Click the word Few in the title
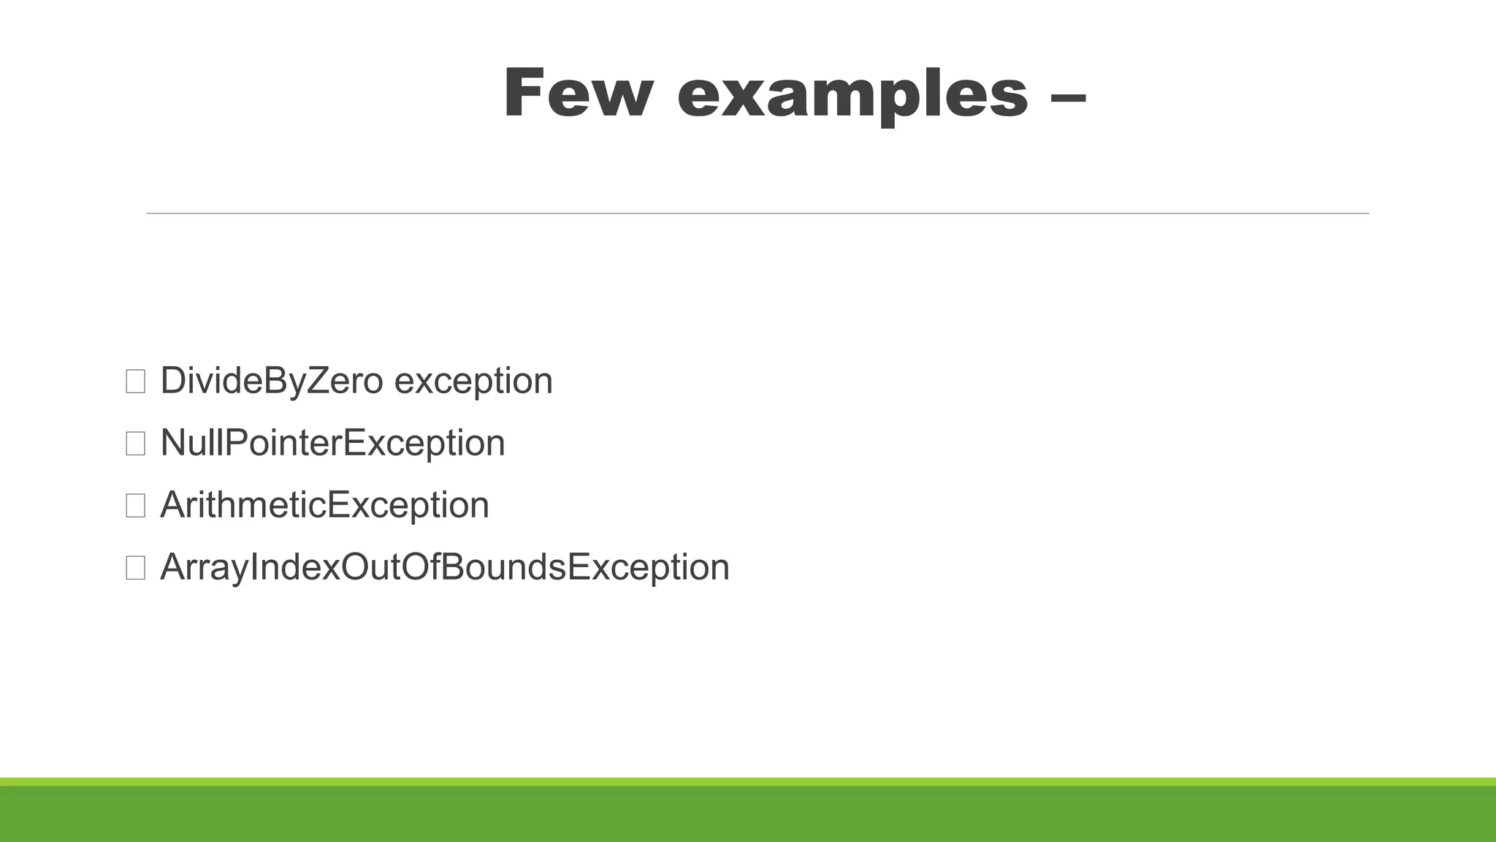576,93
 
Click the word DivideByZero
271,381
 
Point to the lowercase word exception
473,382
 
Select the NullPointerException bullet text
332,443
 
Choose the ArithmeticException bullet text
324,505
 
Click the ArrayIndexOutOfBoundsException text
444,567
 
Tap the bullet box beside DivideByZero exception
135,382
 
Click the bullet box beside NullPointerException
135,444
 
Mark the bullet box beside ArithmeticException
135,506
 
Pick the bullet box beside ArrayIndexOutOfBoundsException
135,568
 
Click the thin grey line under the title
757,213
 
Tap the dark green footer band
748,814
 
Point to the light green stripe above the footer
748,781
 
